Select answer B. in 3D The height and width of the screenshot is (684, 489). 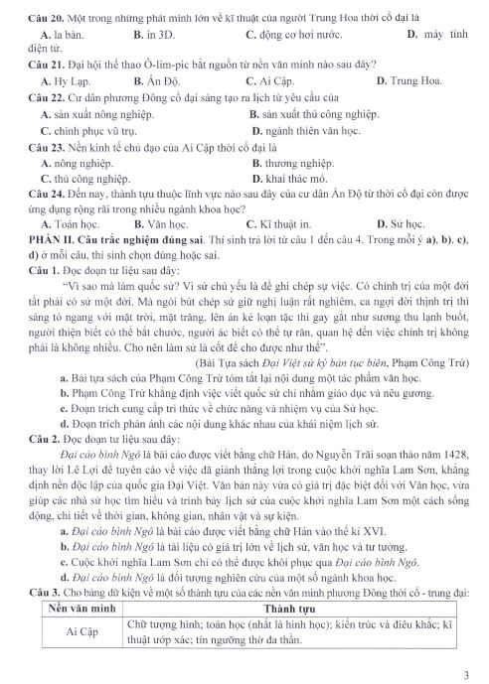tap(152, 34)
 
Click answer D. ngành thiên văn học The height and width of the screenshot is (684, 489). tap(302, 129)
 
